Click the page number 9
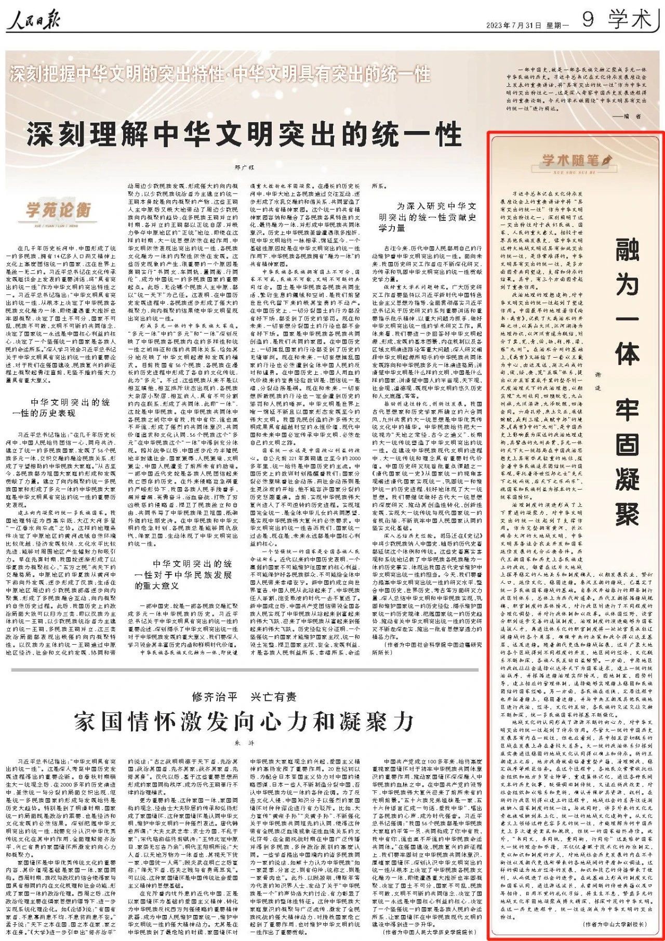(588, 19)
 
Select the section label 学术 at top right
(630, 19)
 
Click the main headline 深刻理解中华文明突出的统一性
(244, 134)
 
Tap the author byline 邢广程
(244, 167)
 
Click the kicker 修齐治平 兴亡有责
(244, 696)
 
